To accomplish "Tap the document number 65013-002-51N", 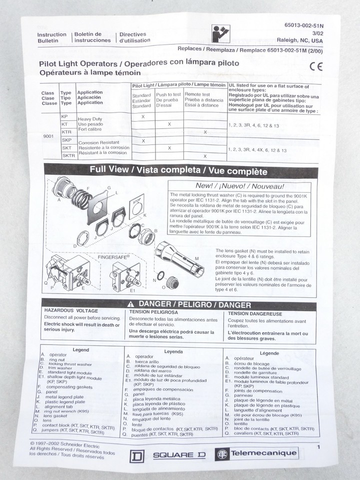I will pyautogui.click(x=303, y=24).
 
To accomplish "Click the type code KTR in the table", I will pyautogui.click(x=67, y=131).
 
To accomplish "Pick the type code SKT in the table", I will pyautogui.click(x=66, y=148).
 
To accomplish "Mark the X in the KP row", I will pyautogui.click(x=143, y=116).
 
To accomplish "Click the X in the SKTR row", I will pyautogui.click(x=204, y=156).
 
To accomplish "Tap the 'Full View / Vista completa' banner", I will pyautogui.click(x=178, y=170).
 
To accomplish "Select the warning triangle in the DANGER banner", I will pyautogui.click(x=130, y=304).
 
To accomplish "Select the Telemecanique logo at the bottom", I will pyautogui.click(x=256, y=454).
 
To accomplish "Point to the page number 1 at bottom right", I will pyautogui.click(x=318, y=447).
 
